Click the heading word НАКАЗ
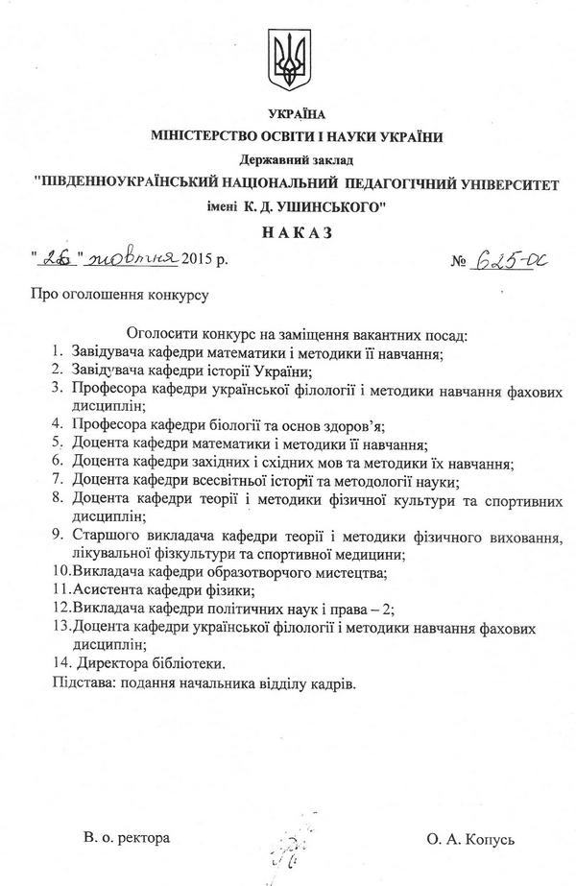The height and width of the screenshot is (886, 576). point(288,232)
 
